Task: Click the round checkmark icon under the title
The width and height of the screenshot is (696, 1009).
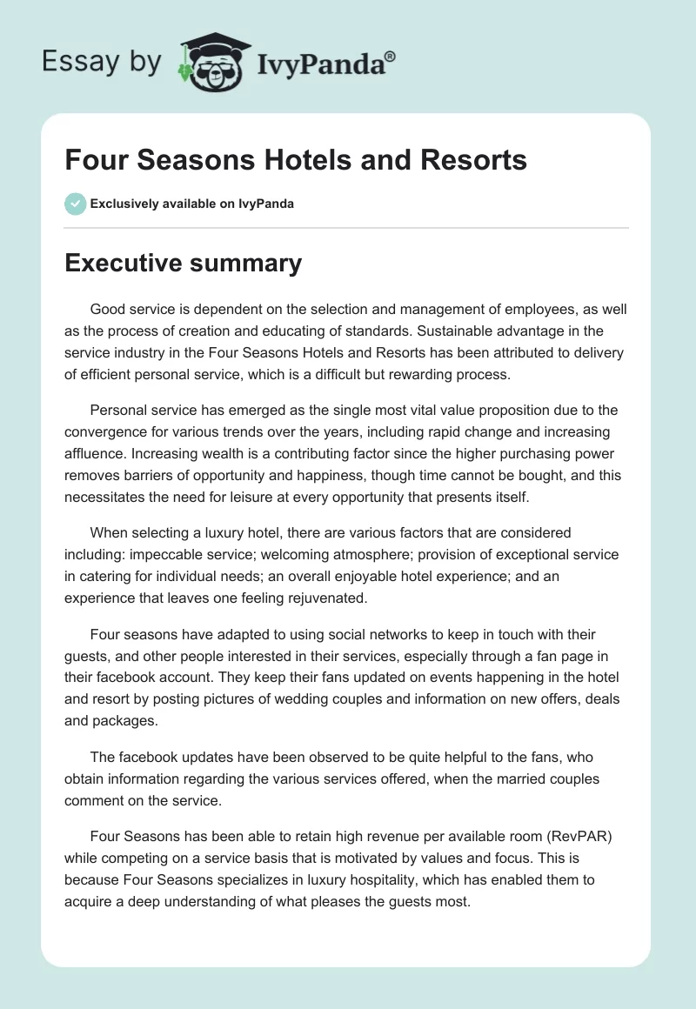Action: tap(75, 204)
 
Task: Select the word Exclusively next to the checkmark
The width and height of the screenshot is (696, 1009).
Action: tap(124, 204)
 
